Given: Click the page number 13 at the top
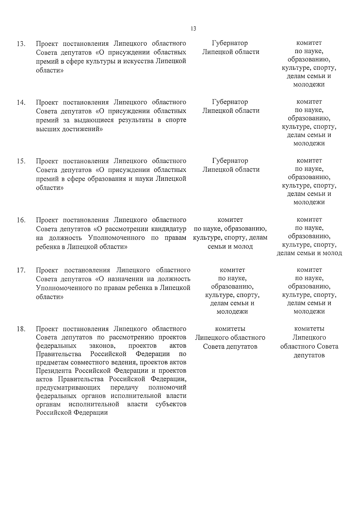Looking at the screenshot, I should click(x=193, y=29).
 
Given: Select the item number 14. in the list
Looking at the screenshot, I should click(x=21, y=103).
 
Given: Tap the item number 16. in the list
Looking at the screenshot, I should click(x=21, y=220).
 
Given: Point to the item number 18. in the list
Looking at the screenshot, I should click(x=21, y=329).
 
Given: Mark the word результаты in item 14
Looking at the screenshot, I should click(x=136, y=120).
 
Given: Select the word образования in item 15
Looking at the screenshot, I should click(x=108, y=179).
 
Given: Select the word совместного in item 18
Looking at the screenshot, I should click(x=98, y=362).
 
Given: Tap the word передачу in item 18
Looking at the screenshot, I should click(x=124, y=388).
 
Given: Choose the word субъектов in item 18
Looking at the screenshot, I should click(x=171, y=404).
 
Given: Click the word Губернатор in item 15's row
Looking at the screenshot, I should click(x=230, y=161).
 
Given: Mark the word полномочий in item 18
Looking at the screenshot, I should click(x=167, y=388).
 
